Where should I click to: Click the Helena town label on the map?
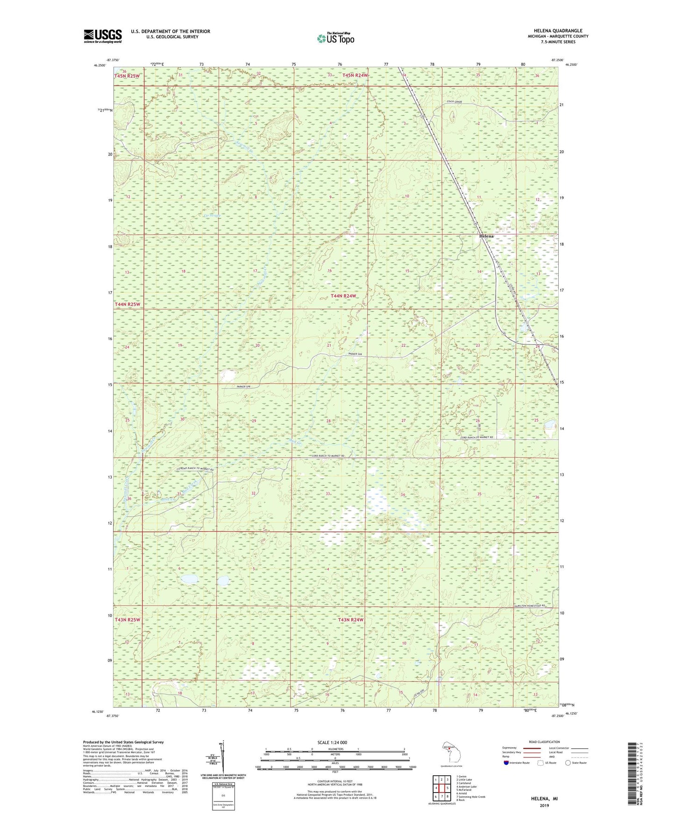click(x=486, y=237)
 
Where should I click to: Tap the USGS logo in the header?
click(x=103, y=36)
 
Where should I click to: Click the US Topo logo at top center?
click(x=335, y=38)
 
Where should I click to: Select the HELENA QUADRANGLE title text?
click(x=558, y=31)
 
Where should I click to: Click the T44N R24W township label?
click(x=343, y=296)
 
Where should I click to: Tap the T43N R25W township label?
click(x=127, y=620)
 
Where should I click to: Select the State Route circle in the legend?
click(x=568, y=763)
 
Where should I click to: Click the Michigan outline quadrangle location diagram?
click(x=449, y=752)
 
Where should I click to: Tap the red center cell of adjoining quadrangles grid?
click(x=441, y=787)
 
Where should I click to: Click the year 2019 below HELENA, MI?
click(x=544, y=805)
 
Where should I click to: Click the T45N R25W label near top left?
click(x=127, y=76)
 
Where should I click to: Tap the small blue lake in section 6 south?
click(x=189, y=579)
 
